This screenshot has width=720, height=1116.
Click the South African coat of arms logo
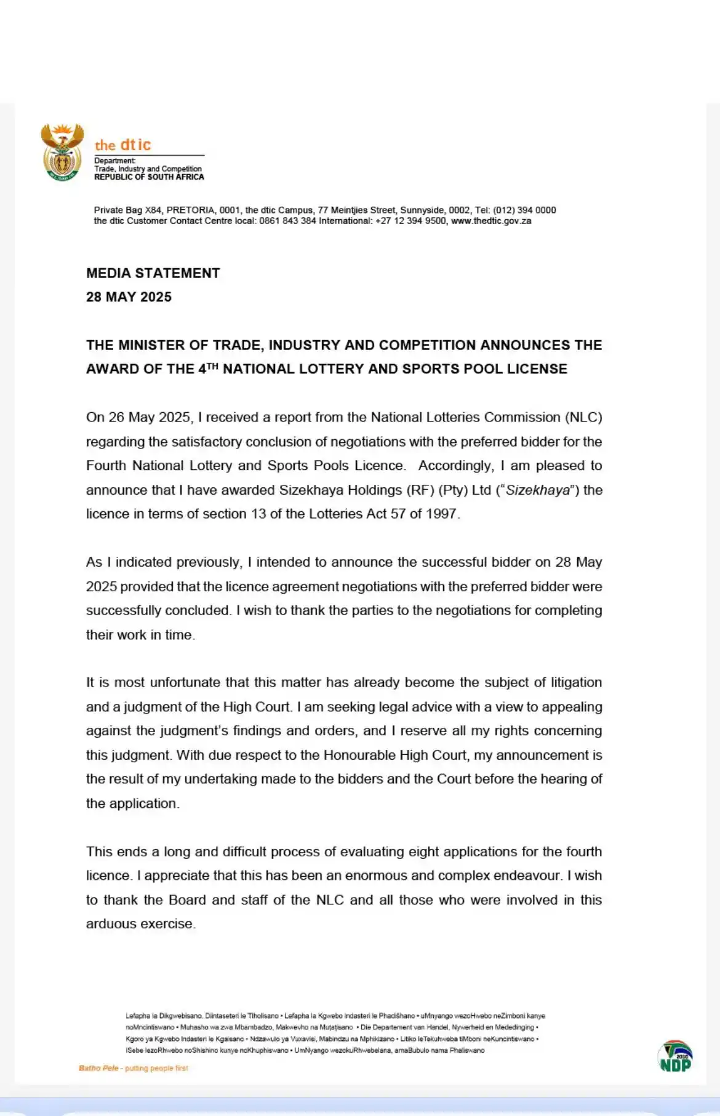click(62, 152)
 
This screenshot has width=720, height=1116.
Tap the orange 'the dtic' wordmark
click(122, 145)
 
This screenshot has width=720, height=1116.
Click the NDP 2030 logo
click(675, 1056)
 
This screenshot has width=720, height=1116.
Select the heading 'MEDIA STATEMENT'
click(153, 273)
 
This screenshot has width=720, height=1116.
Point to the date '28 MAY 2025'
click(129, 297)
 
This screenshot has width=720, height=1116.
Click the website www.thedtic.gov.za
click(491, 221)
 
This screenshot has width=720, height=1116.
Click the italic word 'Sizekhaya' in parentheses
click(537, 490)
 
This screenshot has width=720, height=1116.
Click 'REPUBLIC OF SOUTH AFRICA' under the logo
click(149, 177)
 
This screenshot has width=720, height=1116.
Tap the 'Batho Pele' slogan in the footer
click(98, 1068)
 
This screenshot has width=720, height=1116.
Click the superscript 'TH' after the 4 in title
click(212, 366)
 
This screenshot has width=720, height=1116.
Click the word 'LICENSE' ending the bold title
click(537, 369)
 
